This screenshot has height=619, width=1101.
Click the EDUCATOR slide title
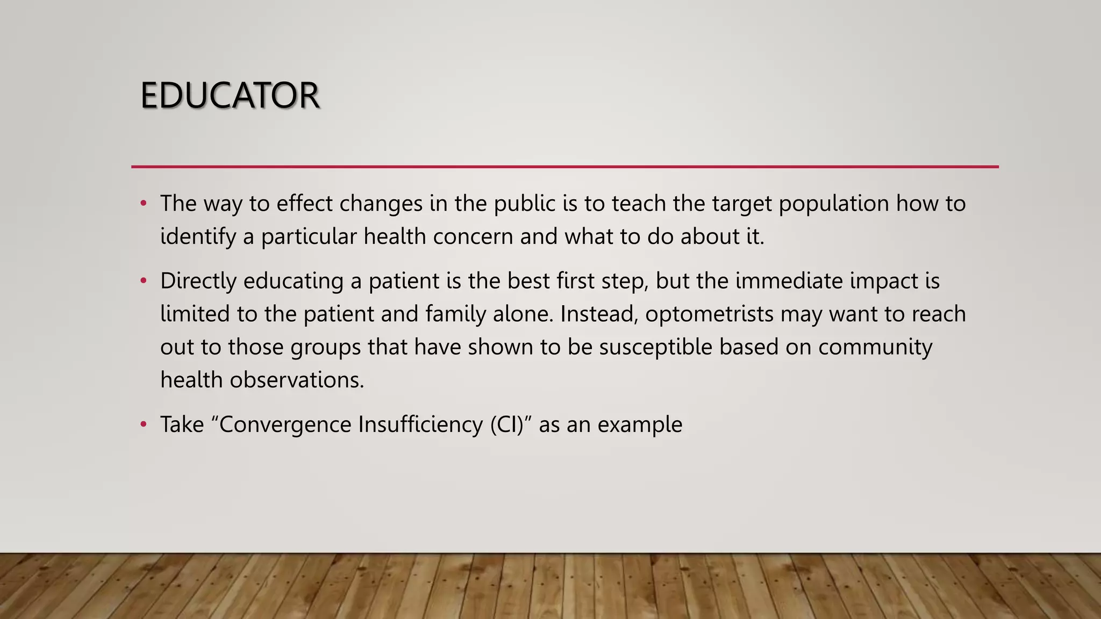(x=230, y=96)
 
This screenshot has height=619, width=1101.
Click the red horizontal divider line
(x=564, y=167)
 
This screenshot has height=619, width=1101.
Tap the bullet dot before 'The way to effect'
(x=143, y=204)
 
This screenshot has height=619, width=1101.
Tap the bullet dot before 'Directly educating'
(x=143, y=281)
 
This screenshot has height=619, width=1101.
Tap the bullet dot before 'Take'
(x=143, y=424)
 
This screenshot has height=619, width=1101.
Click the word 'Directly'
(x=198, y=281)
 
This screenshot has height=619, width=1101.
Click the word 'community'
(x=875, y=347)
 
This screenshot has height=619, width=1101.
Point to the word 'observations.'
(x=297, y=380)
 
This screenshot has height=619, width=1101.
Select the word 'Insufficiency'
(x=420, y=424)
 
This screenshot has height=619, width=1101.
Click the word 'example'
(x=639, y=424)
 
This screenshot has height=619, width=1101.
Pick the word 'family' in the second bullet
(x=455, y=314)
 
